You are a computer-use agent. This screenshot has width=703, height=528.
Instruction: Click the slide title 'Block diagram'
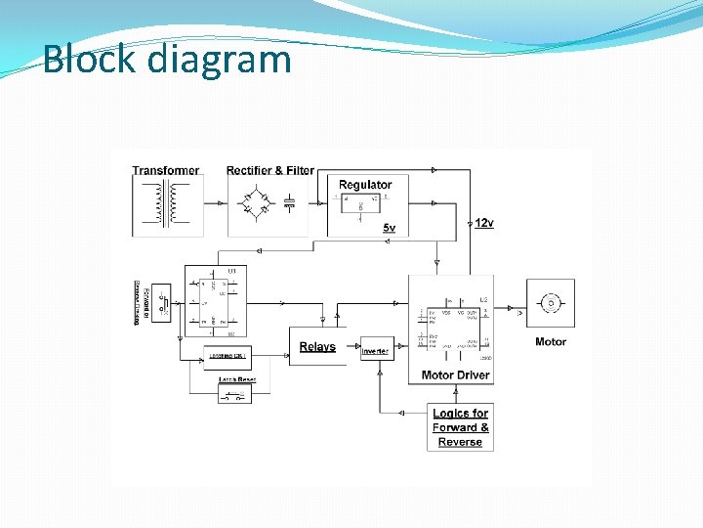[167, 59]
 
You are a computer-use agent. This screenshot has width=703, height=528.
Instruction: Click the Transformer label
[166, 170]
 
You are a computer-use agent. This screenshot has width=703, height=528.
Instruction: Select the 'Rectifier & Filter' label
[270, 170]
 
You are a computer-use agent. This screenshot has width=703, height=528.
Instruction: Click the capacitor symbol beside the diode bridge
[289, 203]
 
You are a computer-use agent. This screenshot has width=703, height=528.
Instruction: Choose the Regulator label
[365, 184]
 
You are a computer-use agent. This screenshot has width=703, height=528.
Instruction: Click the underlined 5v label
[389, 228]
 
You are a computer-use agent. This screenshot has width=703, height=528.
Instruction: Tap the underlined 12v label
[484, 223]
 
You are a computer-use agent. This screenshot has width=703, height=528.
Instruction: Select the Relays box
[317, 346]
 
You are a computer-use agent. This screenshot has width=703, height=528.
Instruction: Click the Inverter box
[376, 349]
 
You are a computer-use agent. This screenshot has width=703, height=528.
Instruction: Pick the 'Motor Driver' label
[455, 375]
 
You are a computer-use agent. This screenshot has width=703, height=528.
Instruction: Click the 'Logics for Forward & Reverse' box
[461, 427]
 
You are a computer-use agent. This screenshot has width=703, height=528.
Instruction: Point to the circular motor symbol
[551, 303]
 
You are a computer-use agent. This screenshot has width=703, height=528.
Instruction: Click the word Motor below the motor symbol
[551, 342]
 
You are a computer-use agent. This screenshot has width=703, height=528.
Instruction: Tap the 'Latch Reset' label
[236, 378]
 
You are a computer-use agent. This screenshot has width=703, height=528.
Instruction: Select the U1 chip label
[231, 270]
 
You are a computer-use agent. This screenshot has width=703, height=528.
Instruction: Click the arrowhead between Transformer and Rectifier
[221, 203]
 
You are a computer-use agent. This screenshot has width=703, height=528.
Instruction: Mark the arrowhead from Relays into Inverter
[357, 348]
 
